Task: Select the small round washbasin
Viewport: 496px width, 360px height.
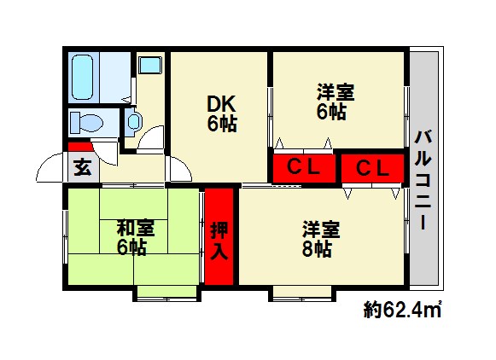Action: (x=133, y=122)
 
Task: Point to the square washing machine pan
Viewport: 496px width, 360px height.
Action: (x=150, y=65)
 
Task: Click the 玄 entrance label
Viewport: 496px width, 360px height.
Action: (x=82, y=167)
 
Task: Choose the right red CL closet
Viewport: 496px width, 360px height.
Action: (x=371, y=167)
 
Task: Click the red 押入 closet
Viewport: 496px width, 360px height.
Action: (x=219, y=238)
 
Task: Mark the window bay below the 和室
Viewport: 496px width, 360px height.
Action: (x=166, y=293)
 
